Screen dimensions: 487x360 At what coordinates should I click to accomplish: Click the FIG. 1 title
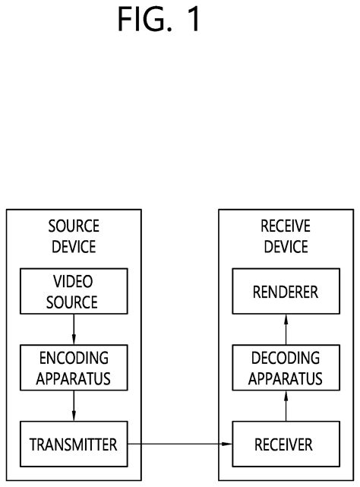pos(159,21)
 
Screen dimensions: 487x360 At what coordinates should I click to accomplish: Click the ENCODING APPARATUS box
pos(73,368)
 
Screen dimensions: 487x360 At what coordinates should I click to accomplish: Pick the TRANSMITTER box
pos(73,443)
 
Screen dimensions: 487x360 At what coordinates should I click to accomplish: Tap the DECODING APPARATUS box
pos(286,368)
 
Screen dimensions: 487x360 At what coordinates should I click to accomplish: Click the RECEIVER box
pos(286,443)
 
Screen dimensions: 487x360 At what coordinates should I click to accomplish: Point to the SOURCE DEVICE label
pos(73,236)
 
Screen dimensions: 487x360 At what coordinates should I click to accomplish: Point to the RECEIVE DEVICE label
pos(285,236)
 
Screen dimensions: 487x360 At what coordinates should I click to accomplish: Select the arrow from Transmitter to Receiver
pos(179,443)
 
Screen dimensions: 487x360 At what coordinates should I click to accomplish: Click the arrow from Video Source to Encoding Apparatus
pos(73,329)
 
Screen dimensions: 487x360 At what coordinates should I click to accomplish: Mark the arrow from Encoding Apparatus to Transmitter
pos(73,405)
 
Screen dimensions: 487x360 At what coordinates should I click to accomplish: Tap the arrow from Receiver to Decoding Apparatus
pos(286,405)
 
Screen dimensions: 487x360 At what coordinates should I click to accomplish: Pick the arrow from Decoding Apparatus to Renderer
pos(286,329)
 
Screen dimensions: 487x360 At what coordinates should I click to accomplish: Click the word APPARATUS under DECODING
pos(286,378)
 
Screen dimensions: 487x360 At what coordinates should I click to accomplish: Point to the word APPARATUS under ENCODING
pos(73,378)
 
